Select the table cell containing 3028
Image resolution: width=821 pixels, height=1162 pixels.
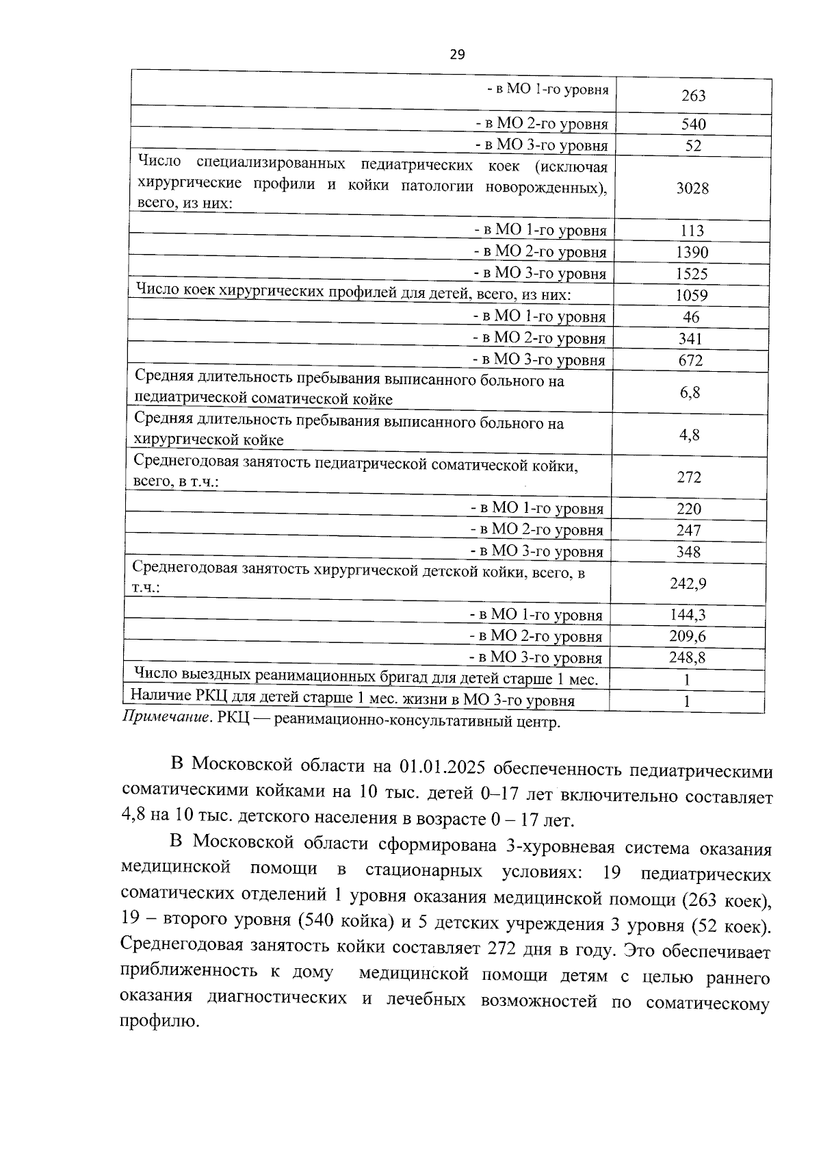[692, 189]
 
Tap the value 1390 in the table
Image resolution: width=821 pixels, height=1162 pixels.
[692, 253]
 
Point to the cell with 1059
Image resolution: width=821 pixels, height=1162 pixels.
[691, 296]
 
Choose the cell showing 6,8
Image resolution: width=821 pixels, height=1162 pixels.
[690, 393]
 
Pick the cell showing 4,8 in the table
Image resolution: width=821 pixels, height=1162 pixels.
[690, 435]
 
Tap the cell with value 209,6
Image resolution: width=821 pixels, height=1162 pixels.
[688, 637]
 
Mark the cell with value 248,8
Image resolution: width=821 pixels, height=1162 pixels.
[688, 659]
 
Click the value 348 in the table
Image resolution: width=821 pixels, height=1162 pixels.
[688, 552]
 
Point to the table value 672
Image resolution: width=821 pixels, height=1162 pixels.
[690, 360]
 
